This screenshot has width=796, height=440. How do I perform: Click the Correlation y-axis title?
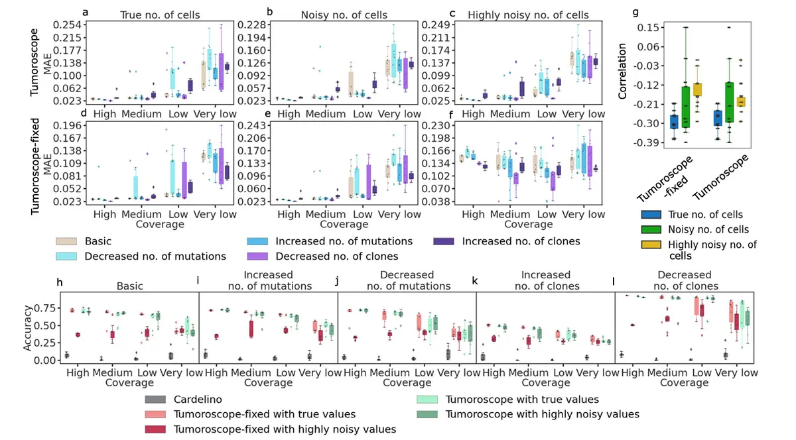point(622,82)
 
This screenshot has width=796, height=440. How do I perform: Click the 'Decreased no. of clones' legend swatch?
point(261,256)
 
